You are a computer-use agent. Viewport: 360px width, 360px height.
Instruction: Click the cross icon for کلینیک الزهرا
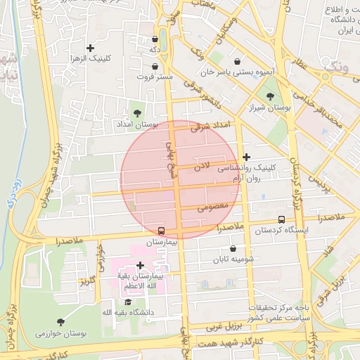(90, 48)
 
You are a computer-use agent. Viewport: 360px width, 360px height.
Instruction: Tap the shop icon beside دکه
(155, 39)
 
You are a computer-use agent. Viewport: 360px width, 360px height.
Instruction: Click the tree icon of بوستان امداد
(137, 112)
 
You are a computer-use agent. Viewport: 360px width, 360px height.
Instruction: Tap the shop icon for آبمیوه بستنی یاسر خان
(237, 60)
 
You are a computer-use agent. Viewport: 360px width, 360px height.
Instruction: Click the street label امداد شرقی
(211, 125)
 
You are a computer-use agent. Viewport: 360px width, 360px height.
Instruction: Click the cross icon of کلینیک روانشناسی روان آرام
(246, 157)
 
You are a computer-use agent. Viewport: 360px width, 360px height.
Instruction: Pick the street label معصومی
(212, 207)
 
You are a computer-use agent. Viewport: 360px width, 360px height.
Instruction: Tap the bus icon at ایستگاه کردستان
(282, 219)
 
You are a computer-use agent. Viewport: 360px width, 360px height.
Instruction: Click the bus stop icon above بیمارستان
(162, 230)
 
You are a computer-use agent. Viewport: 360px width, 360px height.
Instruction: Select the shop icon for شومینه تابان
(233, 248)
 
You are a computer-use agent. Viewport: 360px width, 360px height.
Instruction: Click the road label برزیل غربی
(224, 327)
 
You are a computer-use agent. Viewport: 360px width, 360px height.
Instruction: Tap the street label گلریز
(87, 281)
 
